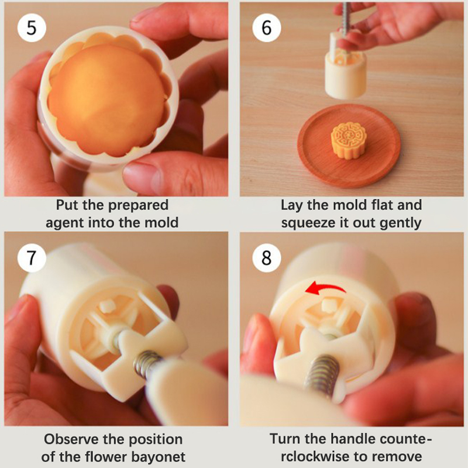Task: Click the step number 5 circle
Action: coord(32,27)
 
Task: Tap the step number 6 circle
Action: coord(267,27)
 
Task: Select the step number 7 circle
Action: coord(32,257)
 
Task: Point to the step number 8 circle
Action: coord(267,257)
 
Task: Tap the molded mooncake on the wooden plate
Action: coord(349,141)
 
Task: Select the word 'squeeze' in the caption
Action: coord(309,223)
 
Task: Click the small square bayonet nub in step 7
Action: coord(106,307)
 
